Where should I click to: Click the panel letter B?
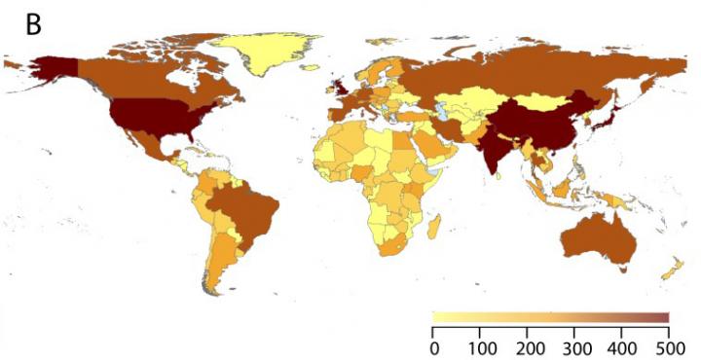tap(32, 25)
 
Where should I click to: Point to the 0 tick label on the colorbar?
tap(434, 347)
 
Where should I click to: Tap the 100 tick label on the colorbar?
tap(481, 347)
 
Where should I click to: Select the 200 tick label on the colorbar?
tap(528, 347)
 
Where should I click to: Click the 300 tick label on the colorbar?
tap(575, 347)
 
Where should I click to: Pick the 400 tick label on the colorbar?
tap(622, 347)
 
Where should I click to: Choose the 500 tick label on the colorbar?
tap(669, 347)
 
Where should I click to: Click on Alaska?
tap(54, 69)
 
